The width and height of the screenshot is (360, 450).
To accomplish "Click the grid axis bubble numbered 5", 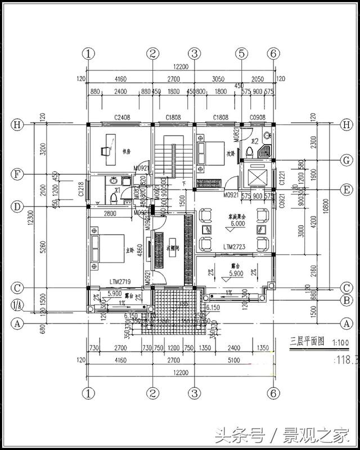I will pyautogui.click(x=241, y=53).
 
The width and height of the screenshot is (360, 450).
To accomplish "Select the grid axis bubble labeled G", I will pyautogui.click(x=346, y=160).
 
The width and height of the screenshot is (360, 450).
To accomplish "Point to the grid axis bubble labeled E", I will pyautogui.click(x=346, y=189).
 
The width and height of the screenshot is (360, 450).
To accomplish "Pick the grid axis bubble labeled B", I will pyautogui.click(x=346, y=300).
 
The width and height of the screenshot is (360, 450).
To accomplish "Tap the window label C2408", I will pyautogui.click(x=122, y=118).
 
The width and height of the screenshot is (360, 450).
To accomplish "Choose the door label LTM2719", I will pyautogui.click(x=120, y=280).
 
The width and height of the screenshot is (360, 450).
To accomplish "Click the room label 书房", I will pyautogui.click(x=126, y=151).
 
